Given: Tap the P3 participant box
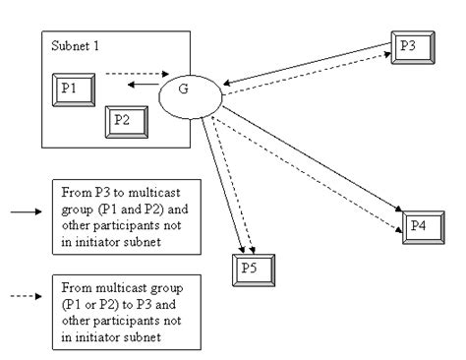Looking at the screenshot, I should click(408, 45).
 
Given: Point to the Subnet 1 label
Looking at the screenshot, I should click(74, 46).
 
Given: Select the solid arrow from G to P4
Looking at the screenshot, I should click(315, 157).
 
